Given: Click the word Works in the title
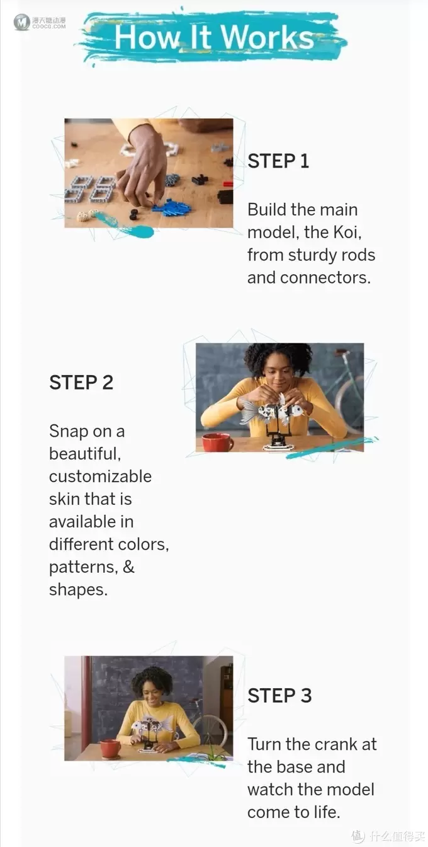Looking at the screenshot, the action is [267, 37].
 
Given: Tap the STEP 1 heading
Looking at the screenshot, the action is [278, 161].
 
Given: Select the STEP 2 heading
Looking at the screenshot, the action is [81, 383].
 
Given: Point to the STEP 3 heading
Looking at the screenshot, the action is [279, 695].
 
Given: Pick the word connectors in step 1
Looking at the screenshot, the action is [325, 278].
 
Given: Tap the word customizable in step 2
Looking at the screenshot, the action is [100, 476].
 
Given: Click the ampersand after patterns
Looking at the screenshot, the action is [129, 567].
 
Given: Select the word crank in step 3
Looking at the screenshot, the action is [335, 744].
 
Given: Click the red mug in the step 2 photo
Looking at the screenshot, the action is [218, 442].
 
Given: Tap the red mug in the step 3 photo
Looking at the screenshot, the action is [111, 749].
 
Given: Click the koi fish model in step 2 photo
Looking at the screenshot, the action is [272, 411].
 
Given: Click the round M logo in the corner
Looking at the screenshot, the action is [21, 22].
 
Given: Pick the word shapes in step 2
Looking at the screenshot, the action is [78, 590].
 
